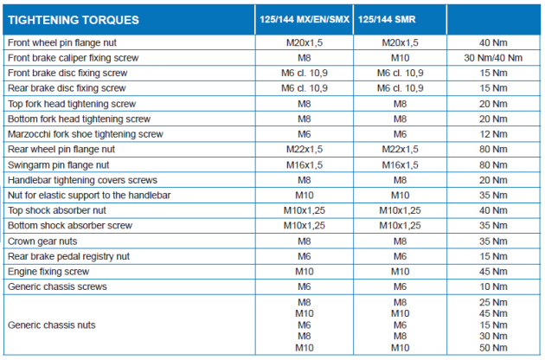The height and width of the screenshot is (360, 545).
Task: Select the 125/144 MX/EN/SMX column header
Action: (304, 19)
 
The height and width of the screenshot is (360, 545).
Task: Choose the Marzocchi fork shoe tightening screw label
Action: (85, 134)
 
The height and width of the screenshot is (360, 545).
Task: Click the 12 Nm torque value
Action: (493, 134)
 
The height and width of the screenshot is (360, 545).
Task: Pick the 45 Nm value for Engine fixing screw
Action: (493, 271)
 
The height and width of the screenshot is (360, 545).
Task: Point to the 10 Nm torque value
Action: (493, 286)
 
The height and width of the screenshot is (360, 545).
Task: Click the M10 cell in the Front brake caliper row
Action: (400, 57)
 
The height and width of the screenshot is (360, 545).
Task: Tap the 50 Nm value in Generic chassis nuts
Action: (493, 347)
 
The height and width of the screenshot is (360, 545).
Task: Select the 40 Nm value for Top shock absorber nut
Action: (493, 210)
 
